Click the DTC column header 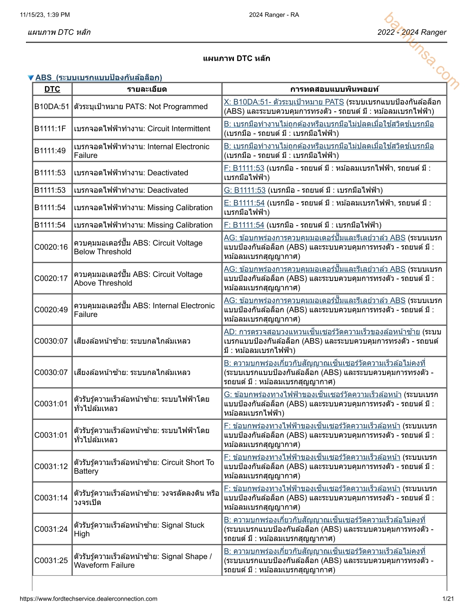(x=52, y=89)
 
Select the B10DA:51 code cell (x=52, y=106)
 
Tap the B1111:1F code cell (x=50, y=128)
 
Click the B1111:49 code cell (x=50, y=151)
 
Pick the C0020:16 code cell (x=51, y=247)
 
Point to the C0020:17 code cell (x=51, y=278)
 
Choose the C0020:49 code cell (x=51, y=310)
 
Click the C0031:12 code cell (x=51, y=466)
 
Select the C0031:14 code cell (x=51, y=498)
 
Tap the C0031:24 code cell (x=51, y=529)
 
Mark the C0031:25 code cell (x=51, y=560)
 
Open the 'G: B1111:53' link (x=245, y=190)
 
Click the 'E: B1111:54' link (x=244, y=203)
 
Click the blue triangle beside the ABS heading (x=31, y=78)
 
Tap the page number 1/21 (x=448, y=599)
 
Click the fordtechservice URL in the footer (x=88, y=599)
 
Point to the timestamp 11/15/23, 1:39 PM (x=45, y=15)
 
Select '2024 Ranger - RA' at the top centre (x=274, y=15)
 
